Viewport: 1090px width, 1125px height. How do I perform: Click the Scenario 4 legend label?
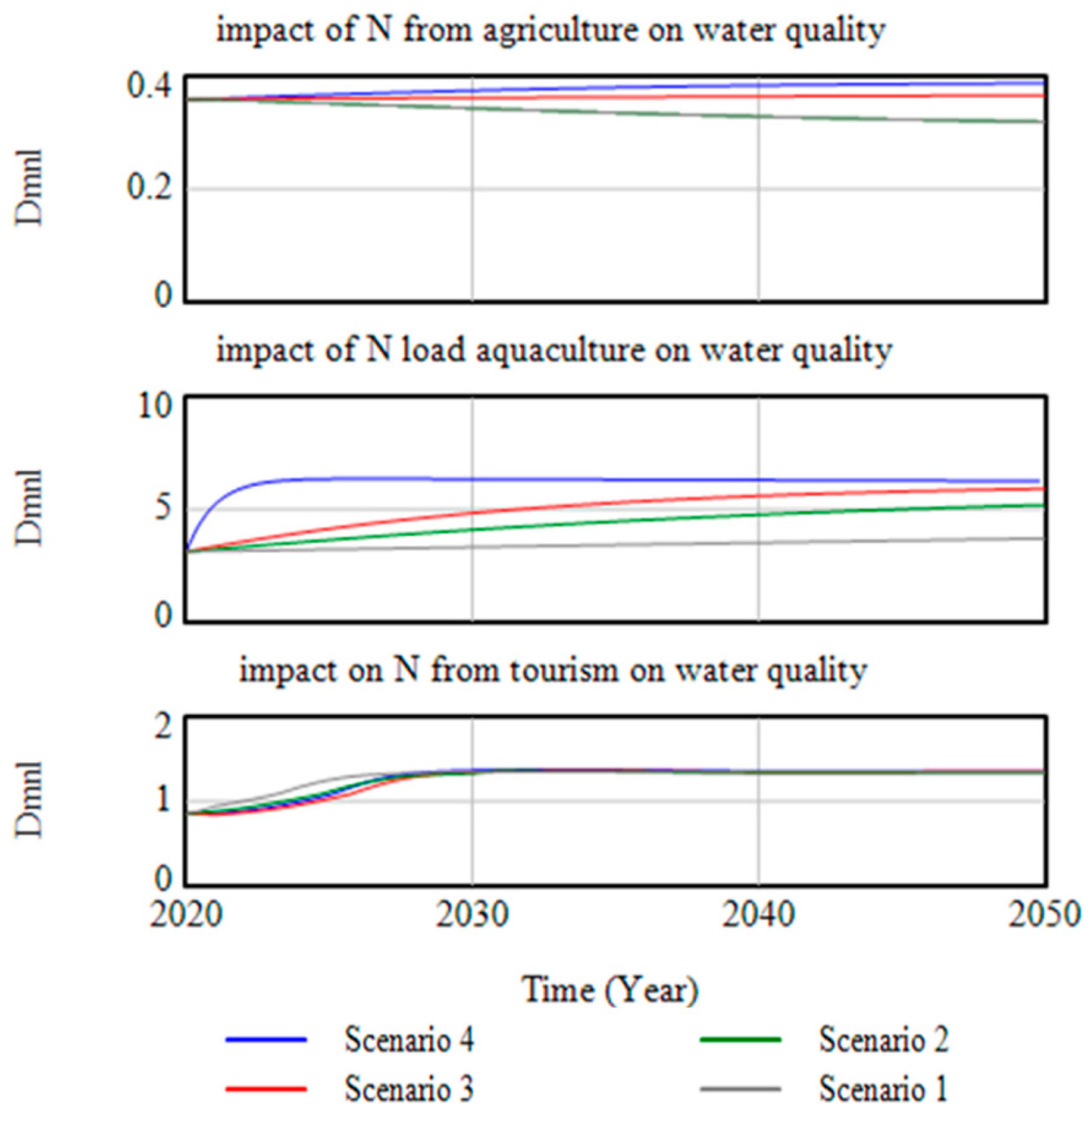click(x=409, y=1040)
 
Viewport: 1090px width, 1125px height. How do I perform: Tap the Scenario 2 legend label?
click(x=884, y=1040)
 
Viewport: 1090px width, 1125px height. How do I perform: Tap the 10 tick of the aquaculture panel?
click(x=155, y=407)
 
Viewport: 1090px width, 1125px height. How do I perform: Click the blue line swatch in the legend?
click(x=266, y=1040)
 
